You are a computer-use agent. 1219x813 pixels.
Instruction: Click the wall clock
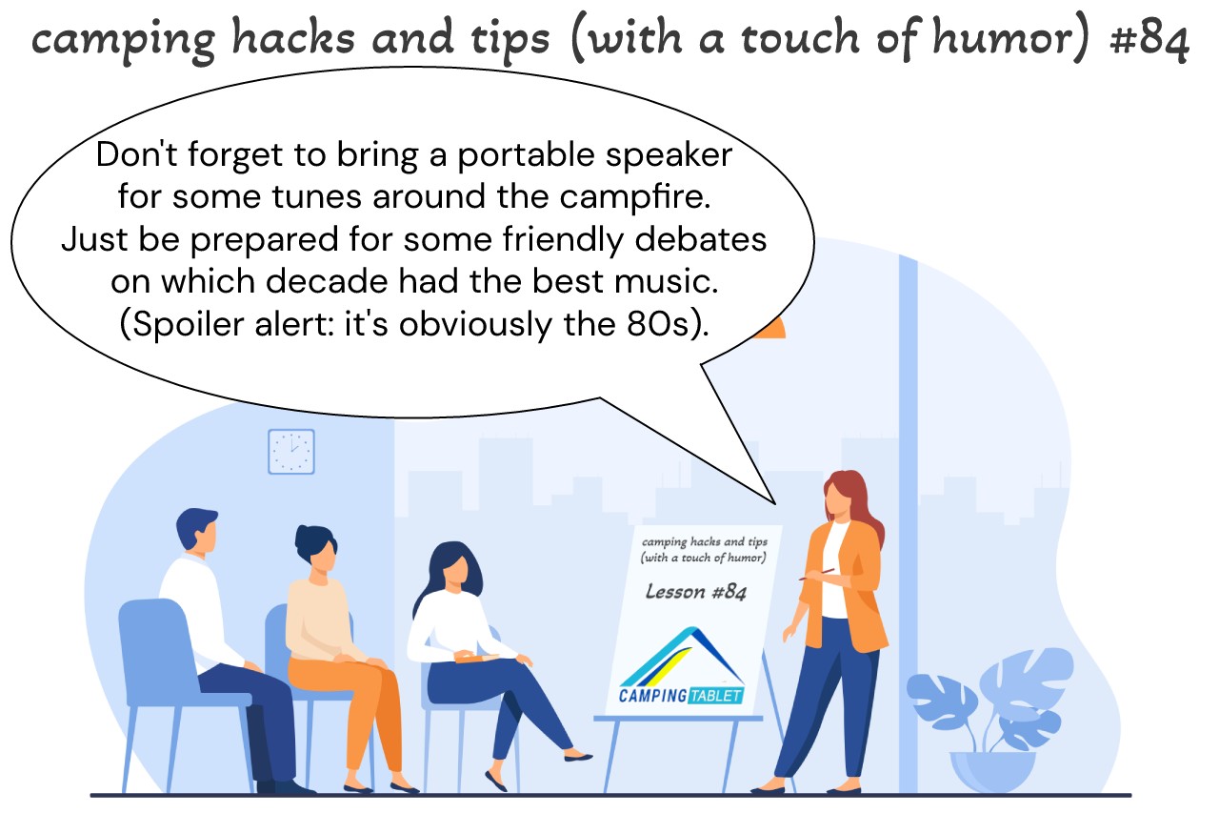[x=291, y=452]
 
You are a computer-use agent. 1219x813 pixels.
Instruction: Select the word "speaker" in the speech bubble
[x=669, y=154]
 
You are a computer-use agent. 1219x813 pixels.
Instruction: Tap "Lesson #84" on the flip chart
[x=695, y=592]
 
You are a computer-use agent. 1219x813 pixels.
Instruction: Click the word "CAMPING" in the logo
[x=652, y=696]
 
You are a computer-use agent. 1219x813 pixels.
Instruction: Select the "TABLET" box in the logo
[x=715, y=696]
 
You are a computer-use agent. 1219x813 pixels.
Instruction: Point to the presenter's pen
[x=816, y=574]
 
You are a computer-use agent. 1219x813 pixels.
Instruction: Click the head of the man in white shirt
[x=196, y=529]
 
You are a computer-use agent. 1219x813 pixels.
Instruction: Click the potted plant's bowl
[x=992, y=771]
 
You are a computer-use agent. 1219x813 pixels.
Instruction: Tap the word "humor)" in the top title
[x=1011, y=38]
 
